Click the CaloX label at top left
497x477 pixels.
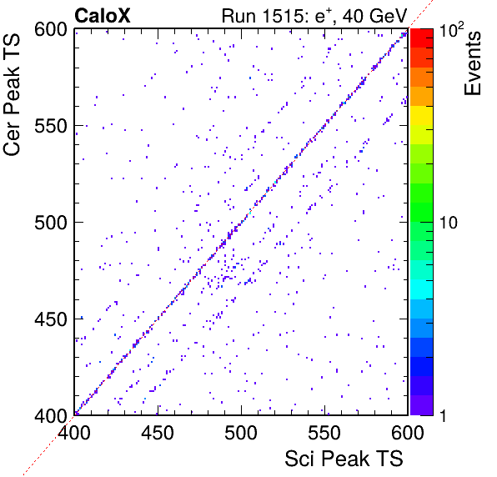click(x=103, y=16)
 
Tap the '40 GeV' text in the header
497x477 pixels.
click(x=374, y=16)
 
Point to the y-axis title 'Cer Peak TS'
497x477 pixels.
click(x=12, y=94)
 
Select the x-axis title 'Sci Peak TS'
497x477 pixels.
click(x=344, y=459)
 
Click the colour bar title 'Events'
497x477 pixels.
click(x=472, y=63)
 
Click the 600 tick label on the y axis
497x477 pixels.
click(x=51, y=30)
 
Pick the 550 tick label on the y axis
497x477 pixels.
click(x=51, y=126)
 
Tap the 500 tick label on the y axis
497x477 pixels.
click(x=51, y=223)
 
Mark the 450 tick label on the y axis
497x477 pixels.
click(x=51, y=319)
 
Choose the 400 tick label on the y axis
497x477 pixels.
click(x=51, y=416)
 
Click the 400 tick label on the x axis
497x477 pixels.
click(x=74, y=432)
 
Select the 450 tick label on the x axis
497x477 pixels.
click(x=158, y=432)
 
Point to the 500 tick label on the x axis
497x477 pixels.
click(x=241, y=432)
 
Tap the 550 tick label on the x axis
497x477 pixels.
click(x=324, y=432)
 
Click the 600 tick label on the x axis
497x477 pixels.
click(x=408, y=432)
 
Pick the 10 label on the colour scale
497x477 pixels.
click(x=449, y=223)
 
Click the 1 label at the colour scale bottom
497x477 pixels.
click(x=444, y=415)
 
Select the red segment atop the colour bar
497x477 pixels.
click(x=422, y=38)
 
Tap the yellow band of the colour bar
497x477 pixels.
click(x=422, y=115)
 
